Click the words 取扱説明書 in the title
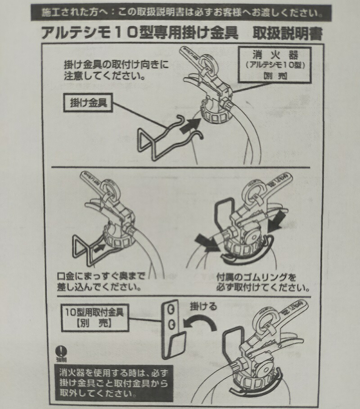coord(288,33)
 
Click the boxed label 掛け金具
coord(89,102)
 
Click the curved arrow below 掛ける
coord(198,322)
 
